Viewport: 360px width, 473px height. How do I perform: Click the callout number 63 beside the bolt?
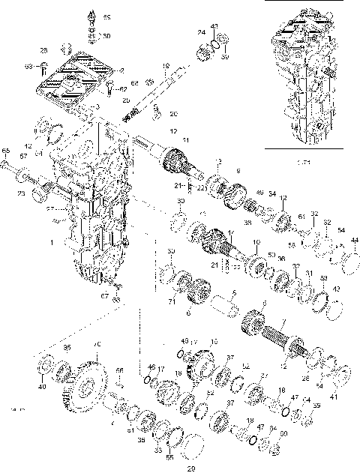click(x=28, y=67)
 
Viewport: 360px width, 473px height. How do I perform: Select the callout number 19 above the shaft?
click(x=166, y=65)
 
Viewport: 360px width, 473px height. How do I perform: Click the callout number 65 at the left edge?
click(x=5, y=151)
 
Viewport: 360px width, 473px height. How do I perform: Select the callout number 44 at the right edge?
click(x=354, y=240)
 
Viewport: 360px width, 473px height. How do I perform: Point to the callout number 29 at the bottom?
click(x=190, y=469)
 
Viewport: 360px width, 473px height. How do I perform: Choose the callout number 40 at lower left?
click(x=42, y=387)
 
